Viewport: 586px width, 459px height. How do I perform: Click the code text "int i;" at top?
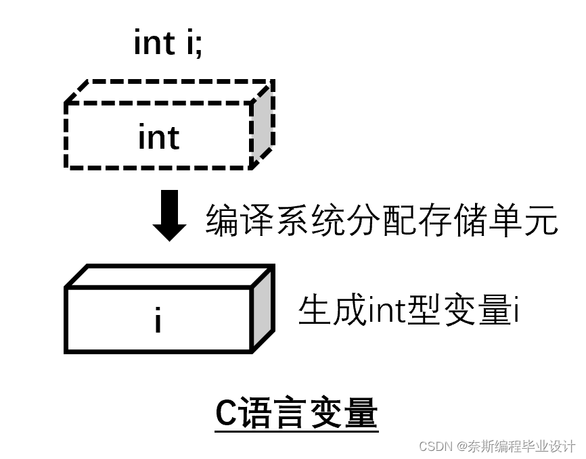[x=168, y=44]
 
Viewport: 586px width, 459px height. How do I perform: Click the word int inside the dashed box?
[x=159, y=137]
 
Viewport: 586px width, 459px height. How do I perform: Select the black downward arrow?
[x=170, y=215]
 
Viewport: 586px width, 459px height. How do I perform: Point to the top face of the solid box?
[x=169, y=276]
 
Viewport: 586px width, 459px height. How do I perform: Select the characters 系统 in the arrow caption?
[x=311, y=220]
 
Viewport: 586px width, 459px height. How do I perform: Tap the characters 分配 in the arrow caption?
[x=382, y=220]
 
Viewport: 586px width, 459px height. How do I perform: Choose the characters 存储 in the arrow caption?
[x=453, y=220]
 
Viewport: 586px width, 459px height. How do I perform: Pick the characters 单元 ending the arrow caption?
[x=523, y=220]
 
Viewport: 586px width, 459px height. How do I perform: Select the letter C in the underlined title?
[x=225, y=414]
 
